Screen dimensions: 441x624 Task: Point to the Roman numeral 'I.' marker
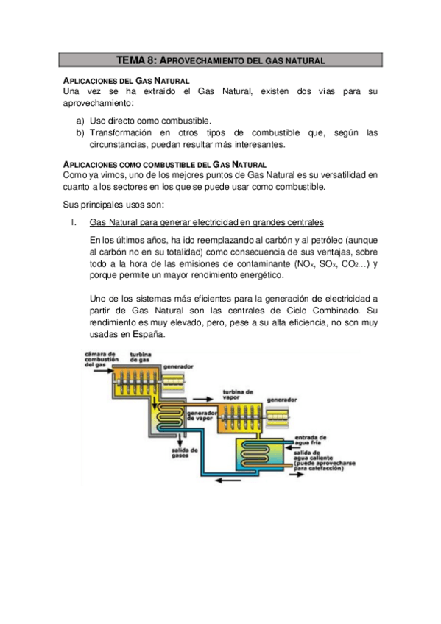[73, 222]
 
